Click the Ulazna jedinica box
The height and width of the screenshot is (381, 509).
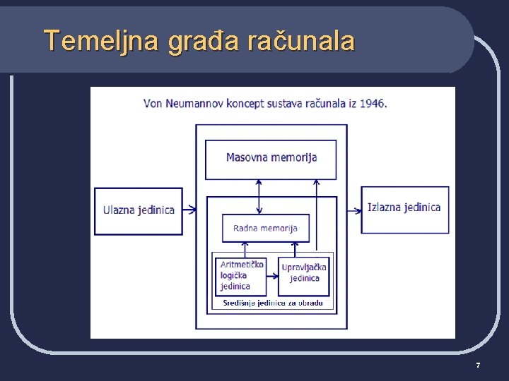coord(139,210)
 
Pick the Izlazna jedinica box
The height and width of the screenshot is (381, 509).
coord(404,209)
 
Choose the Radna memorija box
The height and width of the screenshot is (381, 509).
coord(265,228)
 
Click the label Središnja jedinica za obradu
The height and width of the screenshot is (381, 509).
coord(273,303)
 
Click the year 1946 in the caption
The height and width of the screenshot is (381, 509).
coord(372,103)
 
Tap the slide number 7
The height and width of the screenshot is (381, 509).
coord(478,365)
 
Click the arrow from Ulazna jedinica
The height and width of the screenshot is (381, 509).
coord(189,210)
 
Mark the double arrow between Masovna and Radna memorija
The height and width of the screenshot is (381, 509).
coord(259,196)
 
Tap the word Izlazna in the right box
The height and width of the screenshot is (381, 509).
coord(384,207)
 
